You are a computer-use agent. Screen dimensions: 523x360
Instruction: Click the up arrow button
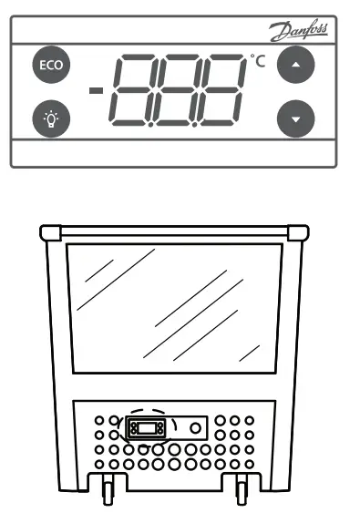pyautogui.click(x=293, y=67)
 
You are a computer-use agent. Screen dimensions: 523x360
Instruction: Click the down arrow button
pyautogui.click(x=293, y=118)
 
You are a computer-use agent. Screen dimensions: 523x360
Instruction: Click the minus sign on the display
pyautogui.click(x=95, y=90)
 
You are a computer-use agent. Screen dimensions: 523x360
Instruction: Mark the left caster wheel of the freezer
pyautogui.click(x=108, y=493)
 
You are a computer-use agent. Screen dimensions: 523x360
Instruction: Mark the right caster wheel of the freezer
pyautogui.click(x=242, y=493)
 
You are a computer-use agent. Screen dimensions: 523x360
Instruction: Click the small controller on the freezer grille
pyautogui.click(x=148, y=426)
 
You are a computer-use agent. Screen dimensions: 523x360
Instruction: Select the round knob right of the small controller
pyautogui.click(x=195, y=426)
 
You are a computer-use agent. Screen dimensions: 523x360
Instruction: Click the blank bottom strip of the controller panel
pyautogui.click(x=173, y=156)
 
